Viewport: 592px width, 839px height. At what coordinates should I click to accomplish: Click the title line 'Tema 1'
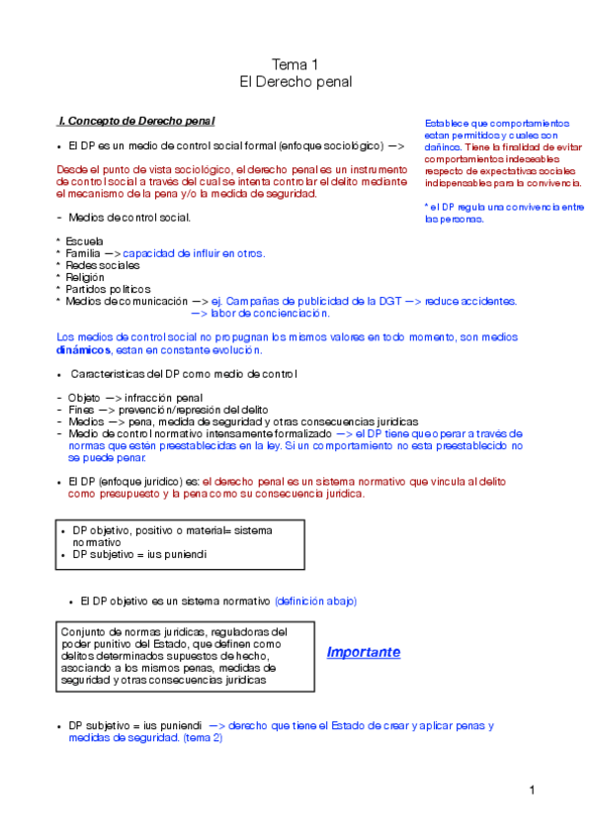(x=296, y=64)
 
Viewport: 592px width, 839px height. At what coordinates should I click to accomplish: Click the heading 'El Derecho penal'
(x=296, y=82)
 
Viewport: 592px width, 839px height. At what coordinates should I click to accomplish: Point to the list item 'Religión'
(x=86, y=277)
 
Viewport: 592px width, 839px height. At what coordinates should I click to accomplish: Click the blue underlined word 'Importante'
(x=363, y=653)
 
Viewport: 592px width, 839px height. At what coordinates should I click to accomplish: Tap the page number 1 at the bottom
(x=531, y=790)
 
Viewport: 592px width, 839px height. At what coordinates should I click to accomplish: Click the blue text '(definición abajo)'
(x=315, y=601)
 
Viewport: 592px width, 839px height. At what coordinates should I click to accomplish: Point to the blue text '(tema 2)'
(x=203, y=737)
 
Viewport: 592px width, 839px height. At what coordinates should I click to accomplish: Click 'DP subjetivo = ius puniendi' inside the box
(x=139, y=555)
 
